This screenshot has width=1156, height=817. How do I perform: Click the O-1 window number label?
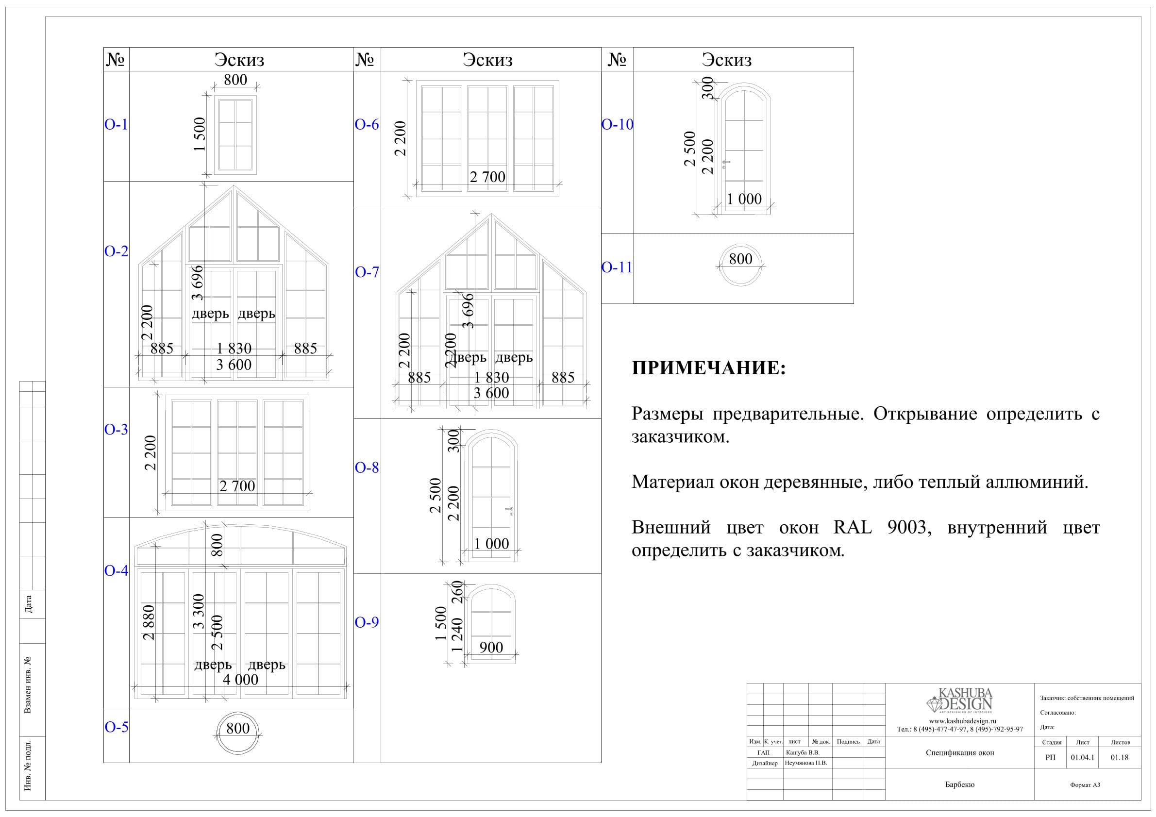116,124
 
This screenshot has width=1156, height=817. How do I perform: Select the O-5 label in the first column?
117,727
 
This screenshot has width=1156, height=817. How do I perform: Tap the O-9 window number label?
367,622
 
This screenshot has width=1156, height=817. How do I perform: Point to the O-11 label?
617,267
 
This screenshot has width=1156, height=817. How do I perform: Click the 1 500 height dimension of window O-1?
200,134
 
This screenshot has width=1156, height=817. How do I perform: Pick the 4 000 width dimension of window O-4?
241,680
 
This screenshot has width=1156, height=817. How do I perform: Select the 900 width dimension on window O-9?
491,648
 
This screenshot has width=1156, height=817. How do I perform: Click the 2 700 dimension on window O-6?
487,177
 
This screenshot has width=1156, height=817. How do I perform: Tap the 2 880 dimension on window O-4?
149,622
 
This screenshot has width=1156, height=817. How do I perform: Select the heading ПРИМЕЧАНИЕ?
708,368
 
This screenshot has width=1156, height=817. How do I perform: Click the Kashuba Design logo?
960,700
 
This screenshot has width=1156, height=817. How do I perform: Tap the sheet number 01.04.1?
1083,758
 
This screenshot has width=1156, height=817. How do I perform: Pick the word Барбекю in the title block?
960,785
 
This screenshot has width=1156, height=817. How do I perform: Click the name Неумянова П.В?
806,763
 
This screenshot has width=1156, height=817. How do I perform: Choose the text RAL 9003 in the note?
880,527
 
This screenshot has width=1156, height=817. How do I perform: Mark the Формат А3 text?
1085,785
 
